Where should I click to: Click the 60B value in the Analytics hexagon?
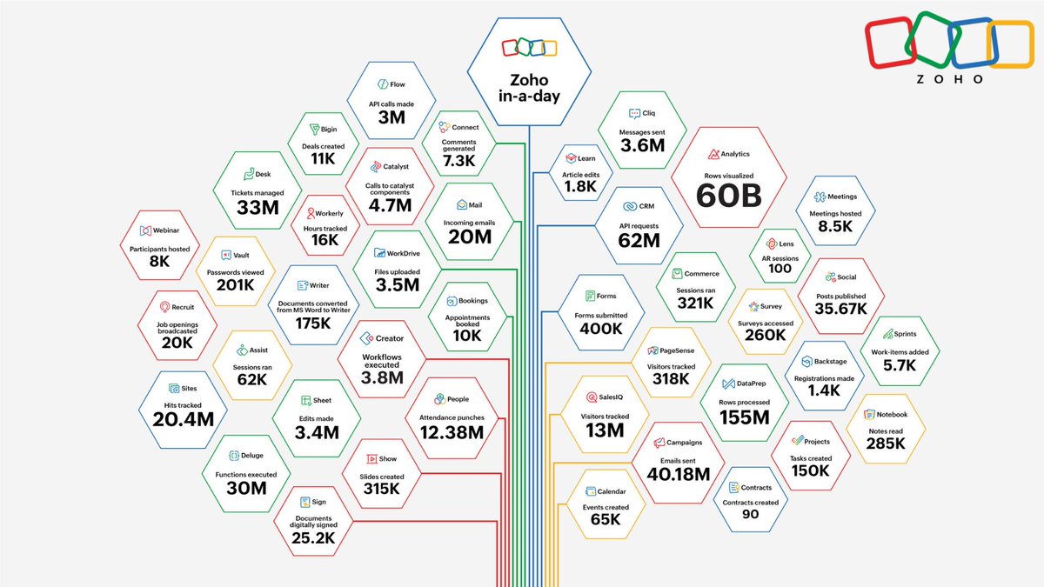pyautogui.click(x=729, y=195)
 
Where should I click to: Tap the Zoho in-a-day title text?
pyautogui.click(x=529, y=88)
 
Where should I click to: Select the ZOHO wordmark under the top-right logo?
pyautogui.click(x=950, y=79)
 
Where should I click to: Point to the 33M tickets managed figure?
pyautogui.click(x=258, y=208)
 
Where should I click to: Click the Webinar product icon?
pyautogui.click(x=145, y=230)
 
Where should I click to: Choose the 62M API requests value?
pyautogui.click(x=639, y=240)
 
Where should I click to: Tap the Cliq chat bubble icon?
pyautogui.click(x=634, y=113)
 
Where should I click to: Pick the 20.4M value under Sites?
pyautogui.click(x=184, y=420)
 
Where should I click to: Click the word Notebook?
pyautogui.click(x=892, y=414)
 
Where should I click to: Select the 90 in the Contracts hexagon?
pyautogui.click(x=750, y=514)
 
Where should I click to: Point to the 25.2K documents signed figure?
pyautogui.click(x=313, y=538)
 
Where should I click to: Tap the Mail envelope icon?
pyautogui.click(x=462, y=205)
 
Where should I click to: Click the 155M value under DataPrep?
pyautogui.click(x=745, y=417)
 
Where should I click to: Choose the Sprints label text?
pyautogui.click(x=905, y=334)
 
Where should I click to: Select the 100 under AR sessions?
pyautogui.click(x=780, y=269)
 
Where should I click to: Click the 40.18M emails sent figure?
pyautogui.click(x=678, y=474)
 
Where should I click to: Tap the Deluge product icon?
pyautogui.click(x=234, y=455)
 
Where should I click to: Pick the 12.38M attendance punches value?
pyautogui.click(x=452, y=433)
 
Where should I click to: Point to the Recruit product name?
pyautogui.click(x=183, y=307)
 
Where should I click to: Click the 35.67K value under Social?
pyautogui.click(x=840, y=309)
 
